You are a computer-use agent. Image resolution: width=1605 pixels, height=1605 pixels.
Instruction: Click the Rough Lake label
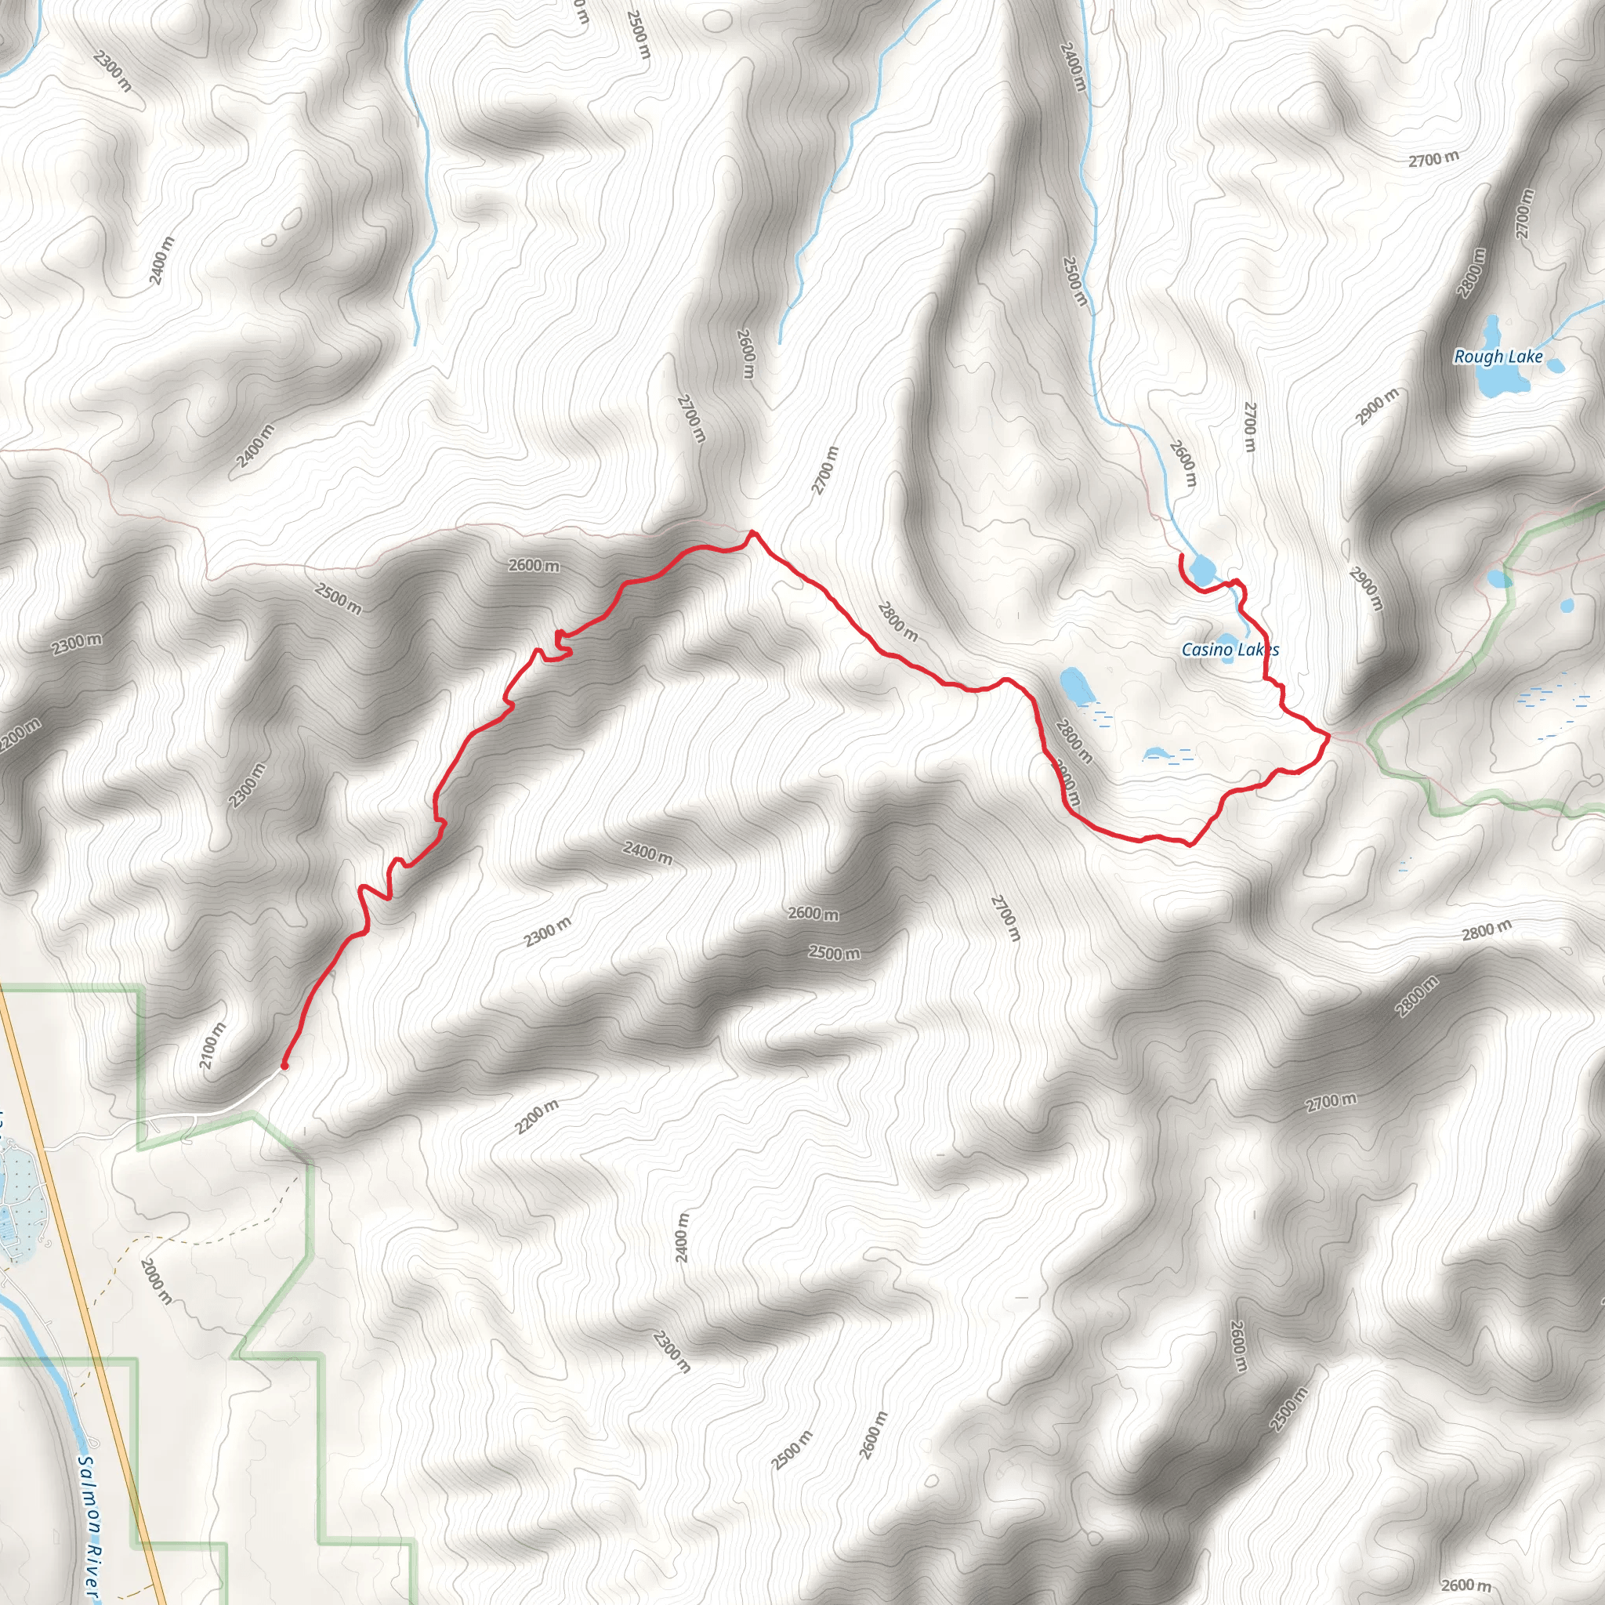(1498, 357)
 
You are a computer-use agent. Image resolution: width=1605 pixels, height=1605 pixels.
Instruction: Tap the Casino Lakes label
(1230, 650)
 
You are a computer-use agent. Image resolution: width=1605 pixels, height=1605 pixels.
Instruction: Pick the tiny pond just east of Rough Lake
(1555, 364)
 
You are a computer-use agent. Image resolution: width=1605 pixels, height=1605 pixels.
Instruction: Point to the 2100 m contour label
(212, 1045)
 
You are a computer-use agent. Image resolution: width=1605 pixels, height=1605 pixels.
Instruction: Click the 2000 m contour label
(157, 1281)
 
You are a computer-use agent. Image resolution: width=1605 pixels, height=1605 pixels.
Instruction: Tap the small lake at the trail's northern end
(1201, 570)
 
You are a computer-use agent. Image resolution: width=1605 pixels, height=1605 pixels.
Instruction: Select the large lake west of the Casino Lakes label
(1077, 687)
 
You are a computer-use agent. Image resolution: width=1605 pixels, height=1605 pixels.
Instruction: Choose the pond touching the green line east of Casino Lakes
(1498, 578)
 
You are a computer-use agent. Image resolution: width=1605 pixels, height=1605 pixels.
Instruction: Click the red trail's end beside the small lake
(1181, 556)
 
